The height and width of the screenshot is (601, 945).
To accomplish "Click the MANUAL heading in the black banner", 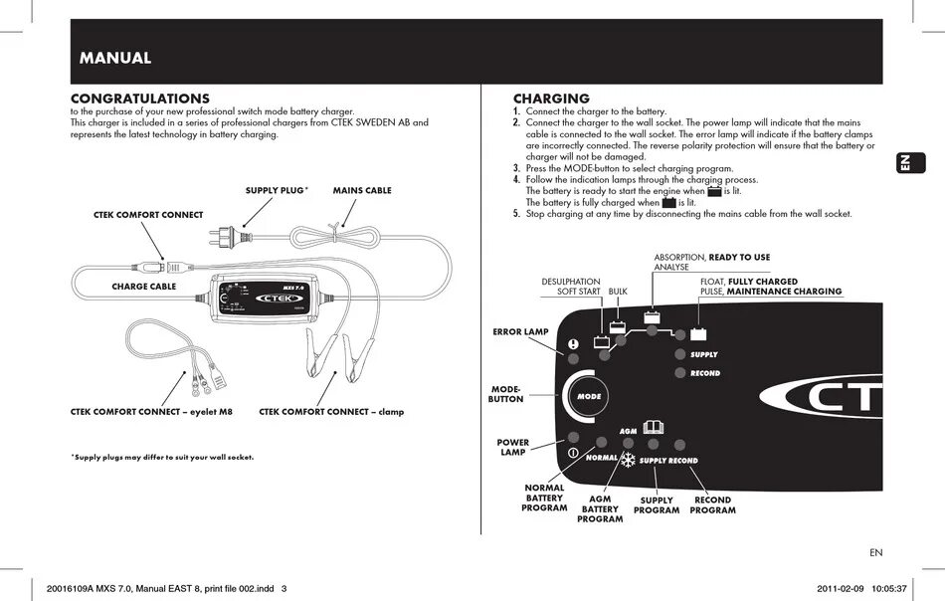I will [x=115, y=58].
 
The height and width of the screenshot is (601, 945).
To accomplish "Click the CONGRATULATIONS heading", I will [x=139, y=99].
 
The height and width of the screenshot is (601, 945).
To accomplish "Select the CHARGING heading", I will [x=551, y=99].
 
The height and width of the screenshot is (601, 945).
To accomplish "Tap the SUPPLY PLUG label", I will [x=276, y=190].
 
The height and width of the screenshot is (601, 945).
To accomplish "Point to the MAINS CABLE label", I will [x=362, y=190].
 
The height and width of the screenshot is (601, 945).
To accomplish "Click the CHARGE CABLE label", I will [x=143, y=287].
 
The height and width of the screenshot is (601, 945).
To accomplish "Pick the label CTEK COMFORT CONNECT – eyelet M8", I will [x=151, y=411].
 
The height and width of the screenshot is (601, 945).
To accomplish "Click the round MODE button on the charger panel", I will [x=589, y=397].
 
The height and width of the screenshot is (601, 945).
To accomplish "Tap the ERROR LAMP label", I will [x=521, y=331].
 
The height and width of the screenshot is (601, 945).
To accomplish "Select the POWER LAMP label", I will [x=513, y=448].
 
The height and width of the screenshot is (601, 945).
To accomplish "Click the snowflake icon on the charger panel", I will [x=628, y=460].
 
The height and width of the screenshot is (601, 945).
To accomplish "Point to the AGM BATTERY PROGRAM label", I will [x=600, y=508].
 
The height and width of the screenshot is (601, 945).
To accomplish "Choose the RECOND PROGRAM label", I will [x=712, y=505].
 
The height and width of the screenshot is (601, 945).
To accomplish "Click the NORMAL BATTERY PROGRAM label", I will [x=544, y=498].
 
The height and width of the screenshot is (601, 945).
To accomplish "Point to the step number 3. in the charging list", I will [x=517, y=168].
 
